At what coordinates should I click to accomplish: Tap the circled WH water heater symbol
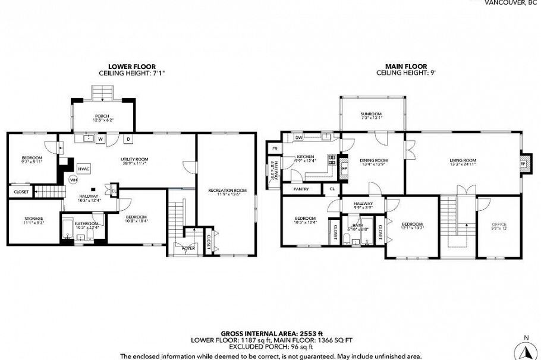[x=73, y=179]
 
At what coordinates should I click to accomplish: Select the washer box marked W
[x=100, y=140]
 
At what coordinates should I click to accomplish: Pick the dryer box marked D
[x=128, y=140]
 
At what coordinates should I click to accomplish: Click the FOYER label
[x=188, y=248]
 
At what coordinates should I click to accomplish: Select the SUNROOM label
[x=370, y=113]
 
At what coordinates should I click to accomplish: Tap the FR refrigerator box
[x=275, y=149]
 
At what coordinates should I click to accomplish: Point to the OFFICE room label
[x=498, y=225]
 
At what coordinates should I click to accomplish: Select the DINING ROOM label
[x=373, y=160]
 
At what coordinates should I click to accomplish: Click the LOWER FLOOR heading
[x=131, y=67]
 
